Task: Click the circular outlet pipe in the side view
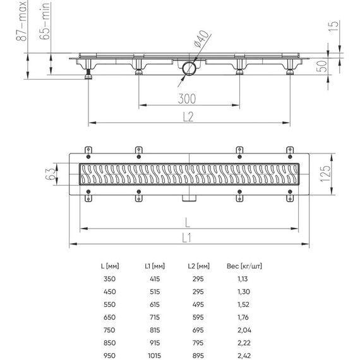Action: click(x=189, y=68)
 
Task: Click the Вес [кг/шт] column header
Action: click(x=241, y=266)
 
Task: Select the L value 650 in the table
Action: click(x=111, y=316)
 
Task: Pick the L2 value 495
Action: click(x=193, y=304)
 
